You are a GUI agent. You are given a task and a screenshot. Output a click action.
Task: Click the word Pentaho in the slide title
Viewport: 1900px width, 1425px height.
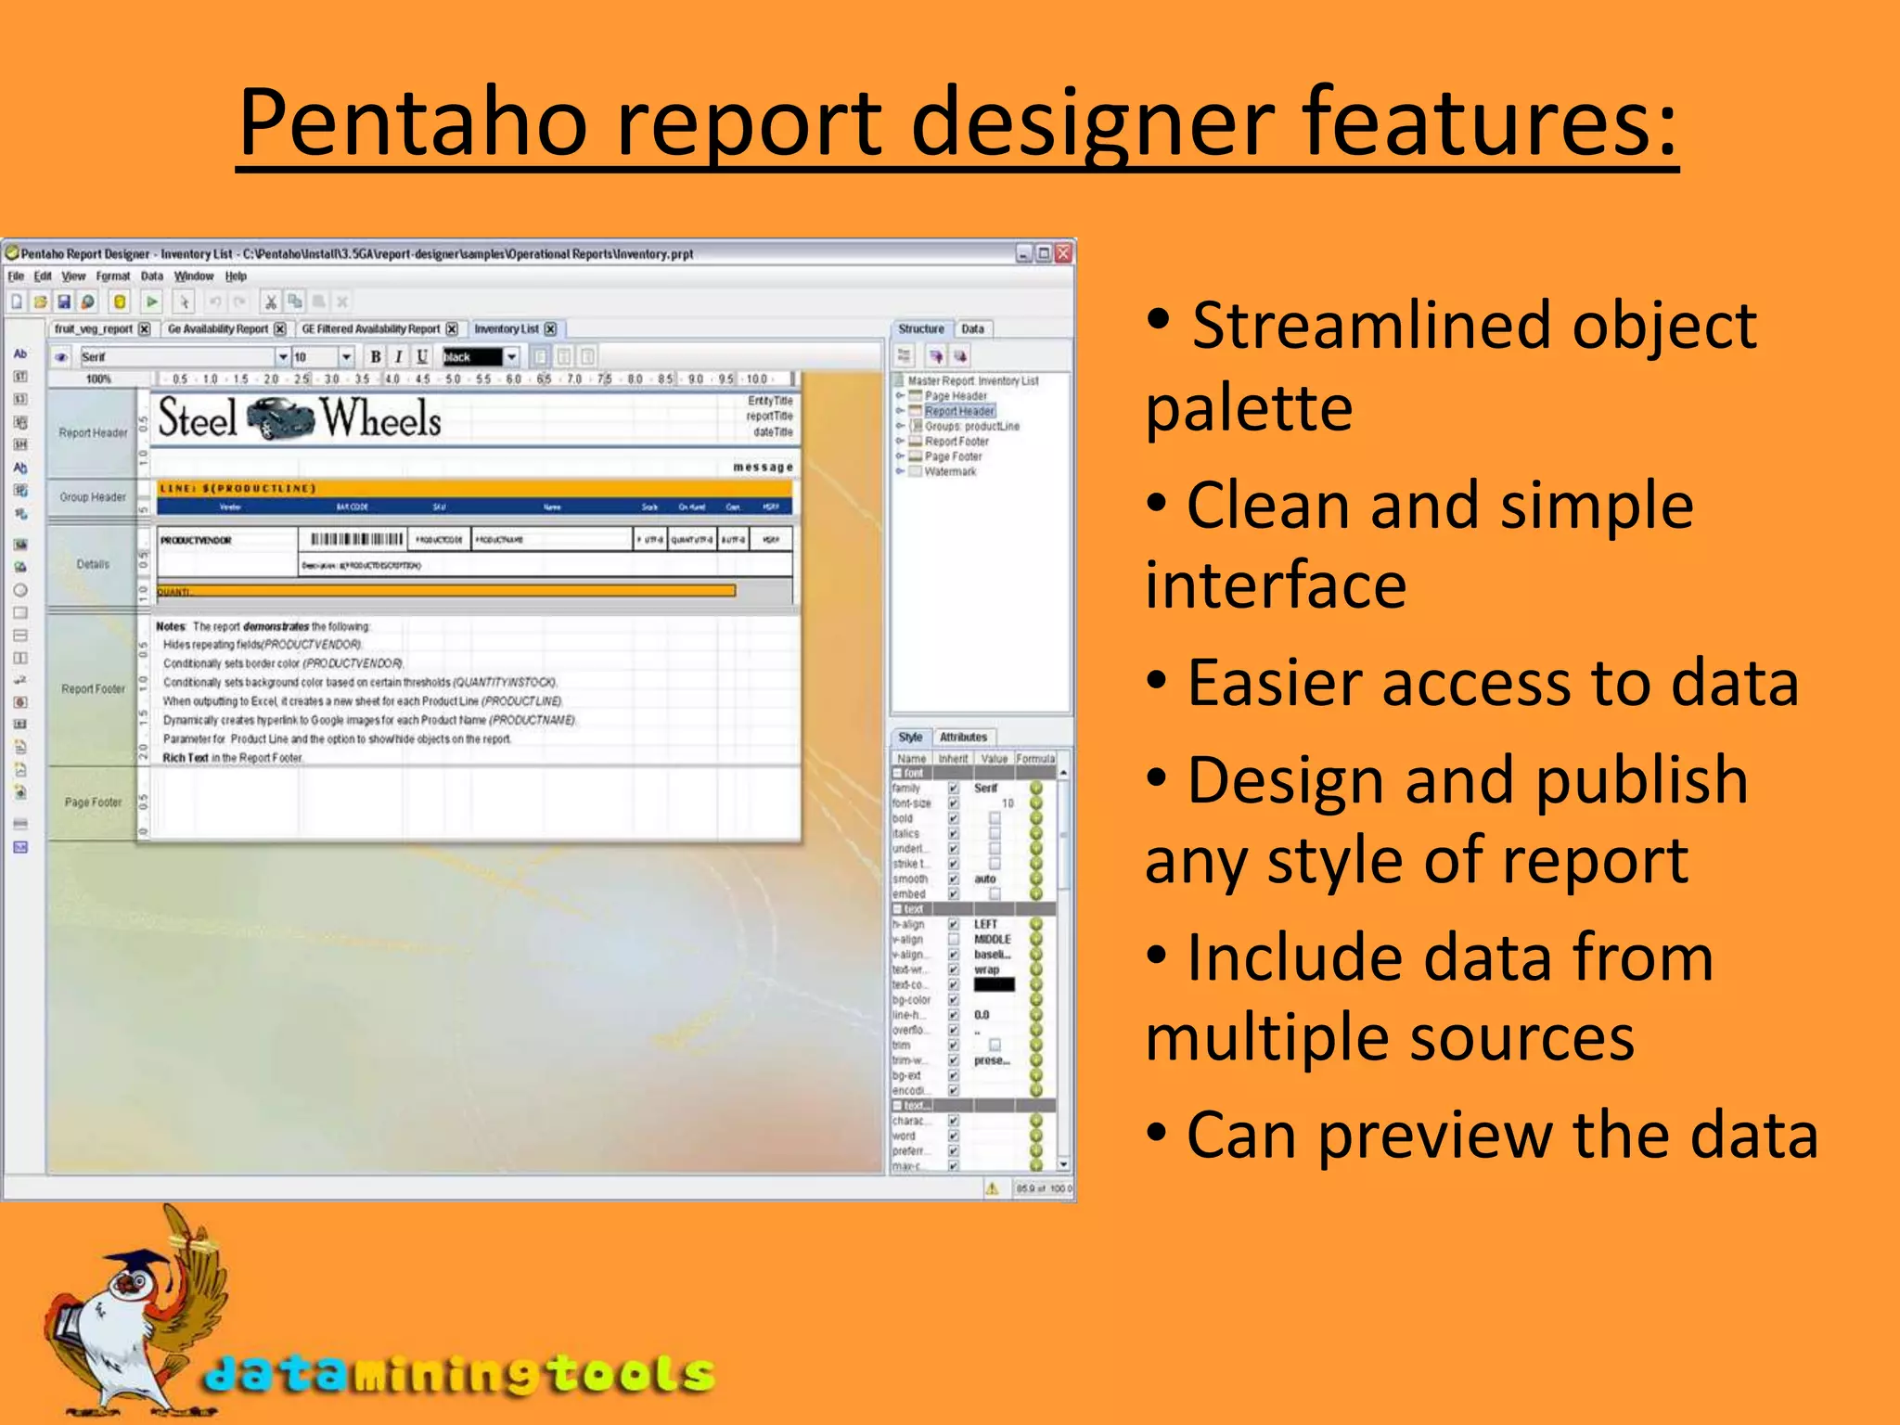(413, 122)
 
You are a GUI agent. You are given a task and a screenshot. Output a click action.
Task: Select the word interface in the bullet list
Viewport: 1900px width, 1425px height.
(1276, 586)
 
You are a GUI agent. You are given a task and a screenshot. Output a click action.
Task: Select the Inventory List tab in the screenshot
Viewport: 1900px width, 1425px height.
(506, 329)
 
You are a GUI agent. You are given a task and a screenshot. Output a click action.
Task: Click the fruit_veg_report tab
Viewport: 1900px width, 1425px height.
(93, 329)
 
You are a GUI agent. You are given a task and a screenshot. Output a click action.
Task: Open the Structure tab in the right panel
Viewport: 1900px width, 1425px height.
(920, 329)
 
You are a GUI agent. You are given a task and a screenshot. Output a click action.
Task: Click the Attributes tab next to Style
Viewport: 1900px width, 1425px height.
(963, 738)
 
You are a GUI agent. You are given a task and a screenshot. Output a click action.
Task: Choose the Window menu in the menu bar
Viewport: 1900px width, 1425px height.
(194, 276)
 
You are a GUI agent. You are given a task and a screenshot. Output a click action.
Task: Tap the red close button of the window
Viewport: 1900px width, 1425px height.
(1063, 253)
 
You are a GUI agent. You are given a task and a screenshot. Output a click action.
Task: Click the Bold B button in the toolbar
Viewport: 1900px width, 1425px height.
(376, 357)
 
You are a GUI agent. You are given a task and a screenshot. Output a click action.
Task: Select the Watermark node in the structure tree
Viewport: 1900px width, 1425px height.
(950, 472)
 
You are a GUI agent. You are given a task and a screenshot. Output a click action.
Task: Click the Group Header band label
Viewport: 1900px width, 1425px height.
(93, 497)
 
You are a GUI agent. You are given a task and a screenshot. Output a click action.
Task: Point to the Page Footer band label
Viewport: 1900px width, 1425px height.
(93, 802)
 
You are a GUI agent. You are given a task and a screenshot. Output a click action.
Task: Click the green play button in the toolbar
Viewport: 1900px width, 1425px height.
(152, 302)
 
